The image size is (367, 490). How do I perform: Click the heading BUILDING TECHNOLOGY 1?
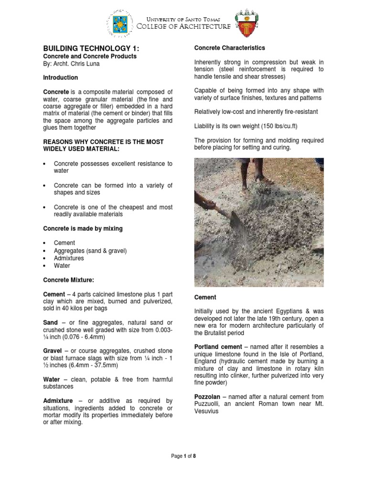pyautogui.click(x=84, y=48)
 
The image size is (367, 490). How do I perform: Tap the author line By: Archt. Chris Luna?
pyautogui.click(x=72, y=64)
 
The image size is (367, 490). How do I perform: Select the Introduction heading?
pyautogui.click(x=61, y=78)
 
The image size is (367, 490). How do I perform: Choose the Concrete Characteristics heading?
pyautogui.click(x=229, y=48)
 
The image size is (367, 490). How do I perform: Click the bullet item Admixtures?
pyautogui.click(x=69, y=258)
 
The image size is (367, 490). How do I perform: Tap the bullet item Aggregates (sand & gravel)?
pyautogui.click(x=90, y=251)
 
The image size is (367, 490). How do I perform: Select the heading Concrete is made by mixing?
pyautogui.click(x=83, y=229)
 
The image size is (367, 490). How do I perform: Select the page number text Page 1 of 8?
pyautogui.click(x=183, y=457)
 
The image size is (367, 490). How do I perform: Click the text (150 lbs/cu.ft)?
pyautogui.click(x=269, y=126)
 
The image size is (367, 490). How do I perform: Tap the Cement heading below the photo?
pyautogui.click(x=205, y=297)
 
